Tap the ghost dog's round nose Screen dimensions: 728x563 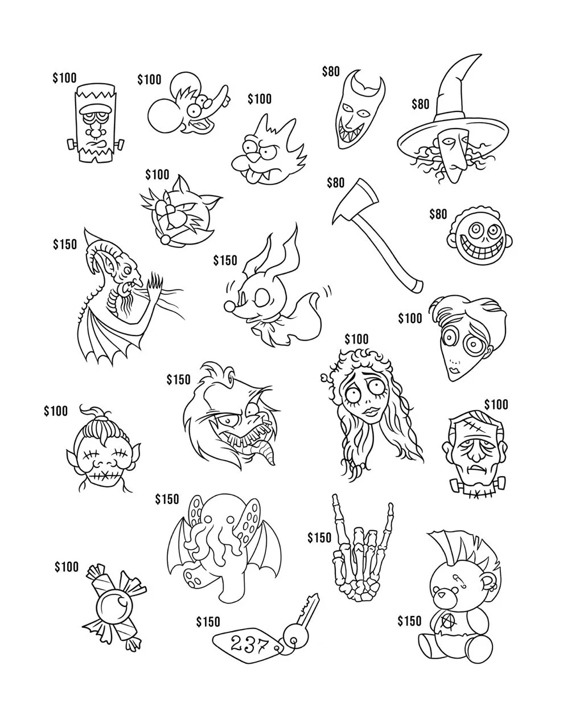(x=229, y=307)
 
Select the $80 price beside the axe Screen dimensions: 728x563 (x=335, y=183)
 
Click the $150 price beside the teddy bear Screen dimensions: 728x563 (x=409, y=620)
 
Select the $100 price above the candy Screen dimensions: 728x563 (x=67, y=566)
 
